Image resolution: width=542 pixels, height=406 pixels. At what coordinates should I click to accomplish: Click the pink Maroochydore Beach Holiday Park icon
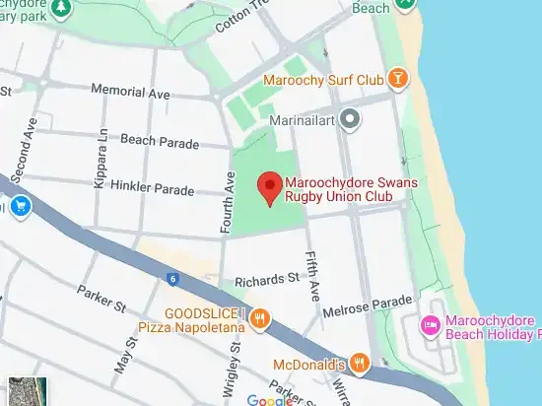(430, 325)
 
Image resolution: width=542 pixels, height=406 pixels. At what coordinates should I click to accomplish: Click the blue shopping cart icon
(20, 207)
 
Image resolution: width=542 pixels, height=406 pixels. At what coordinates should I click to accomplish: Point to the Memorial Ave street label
(130, 91)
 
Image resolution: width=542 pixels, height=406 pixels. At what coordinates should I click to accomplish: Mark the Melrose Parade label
(373, 301)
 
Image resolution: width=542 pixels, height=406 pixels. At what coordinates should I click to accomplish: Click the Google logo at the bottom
(269, 400)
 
